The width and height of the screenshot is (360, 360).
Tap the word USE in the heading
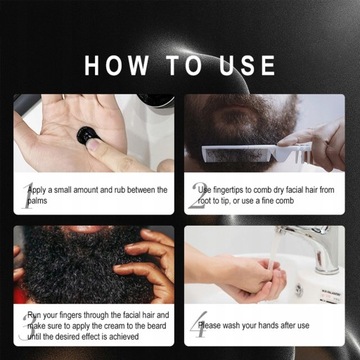239,66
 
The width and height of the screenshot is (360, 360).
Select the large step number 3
27,324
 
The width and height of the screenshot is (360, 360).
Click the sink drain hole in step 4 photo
297,290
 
